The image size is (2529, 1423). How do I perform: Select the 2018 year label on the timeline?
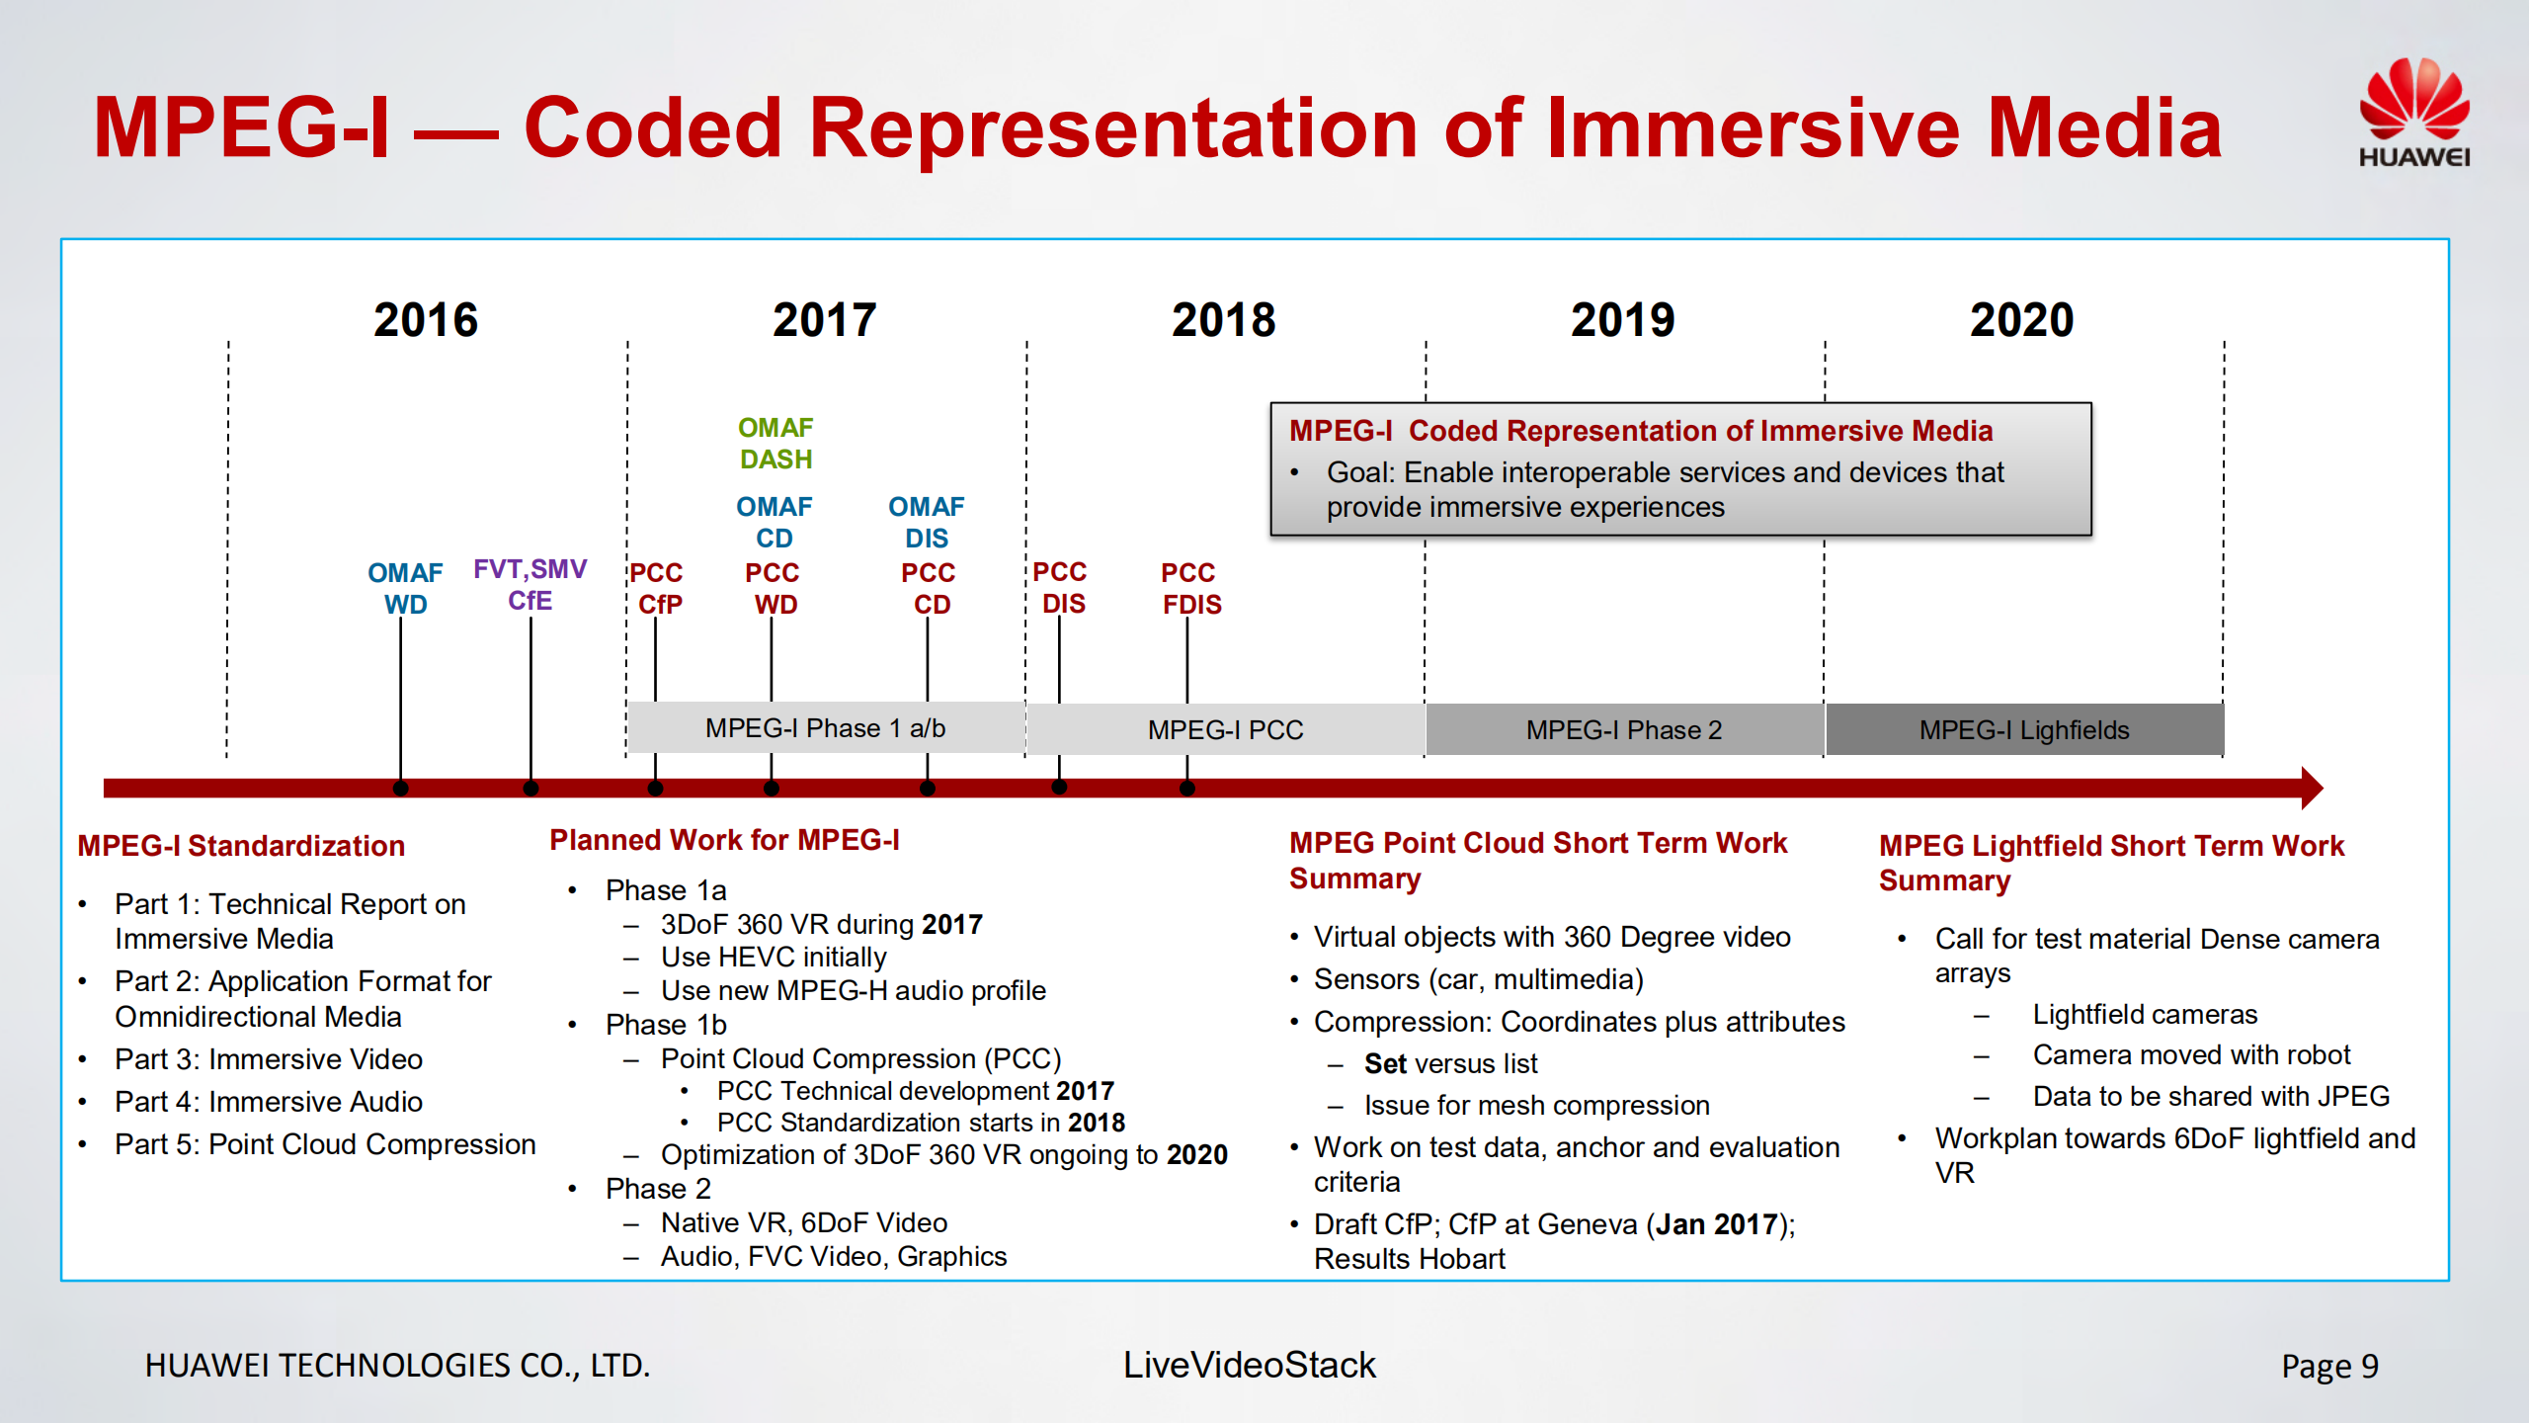pyautogui.click(x=1223, y=320)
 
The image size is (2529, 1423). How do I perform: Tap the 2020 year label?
pyautogui.click(x=2021, y=320)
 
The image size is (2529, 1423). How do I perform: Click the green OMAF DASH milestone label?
pyautogui.click(x=775, y=444)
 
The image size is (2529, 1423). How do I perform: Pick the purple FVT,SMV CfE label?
pyautogui.click(x=530, y=585)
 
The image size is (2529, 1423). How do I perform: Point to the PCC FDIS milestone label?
pyautogui.click(x=1190, y=588)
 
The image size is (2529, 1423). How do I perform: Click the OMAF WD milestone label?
pyautogui.click(x=405, y=588)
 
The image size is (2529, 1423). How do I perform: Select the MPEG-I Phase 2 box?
pyautogui.click(x=1623, y=730)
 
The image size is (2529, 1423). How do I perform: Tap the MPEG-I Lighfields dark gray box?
pyautogui.click(x=2023, y=730)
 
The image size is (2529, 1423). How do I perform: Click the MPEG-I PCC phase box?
pyautogui.click(x=1225, y=730)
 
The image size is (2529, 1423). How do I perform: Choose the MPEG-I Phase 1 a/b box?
pyautogui.click(x=825, y=728)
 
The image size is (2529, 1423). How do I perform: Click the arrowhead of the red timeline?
pyautogui.click(x=2312, y=788)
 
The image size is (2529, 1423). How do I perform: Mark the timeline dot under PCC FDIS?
pyautogui.click(x=1187, y=788)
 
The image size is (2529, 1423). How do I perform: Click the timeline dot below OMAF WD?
pyautogui.click(x=400, y=788)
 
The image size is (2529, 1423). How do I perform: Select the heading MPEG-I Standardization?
pyautogui.click(x=241, y=846)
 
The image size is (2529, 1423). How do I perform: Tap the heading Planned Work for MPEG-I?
pyautogui.click(x=724, y=840)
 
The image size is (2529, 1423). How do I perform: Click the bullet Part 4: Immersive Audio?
pyautogui.click(x=269, y=1102)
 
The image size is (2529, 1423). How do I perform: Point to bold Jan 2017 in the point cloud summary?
pyautogui.click(x=1716, y=1224)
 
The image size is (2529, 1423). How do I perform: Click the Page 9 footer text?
pyautogui.click(x=2328, y=1366)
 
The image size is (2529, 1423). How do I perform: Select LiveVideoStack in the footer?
pyautogui.click(x=1249, y=1365)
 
